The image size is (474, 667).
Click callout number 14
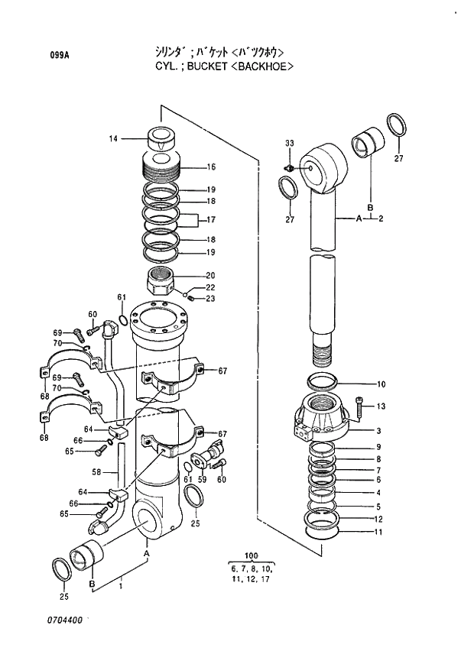113,138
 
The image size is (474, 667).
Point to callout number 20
210,276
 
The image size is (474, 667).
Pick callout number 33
290,144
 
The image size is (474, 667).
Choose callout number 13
381,406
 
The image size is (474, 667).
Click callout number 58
97,472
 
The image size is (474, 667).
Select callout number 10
381,384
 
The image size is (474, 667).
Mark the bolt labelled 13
361,407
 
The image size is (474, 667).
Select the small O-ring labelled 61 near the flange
123,319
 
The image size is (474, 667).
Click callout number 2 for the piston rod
380,219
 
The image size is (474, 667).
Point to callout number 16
211,167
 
